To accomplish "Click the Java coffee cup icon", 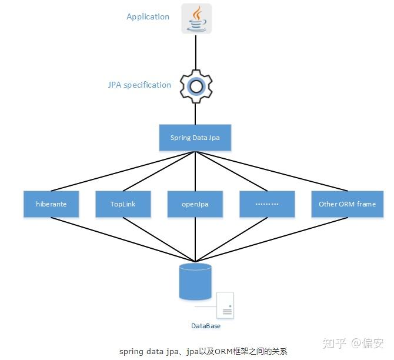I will pos(195,18).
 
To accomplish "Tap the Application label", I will pos(148,16).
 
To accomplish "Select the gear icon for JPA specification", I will pos(195,86).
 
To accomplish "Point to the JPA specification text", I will pos(139,85).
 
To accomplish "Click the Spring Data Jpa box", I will pos(195,138).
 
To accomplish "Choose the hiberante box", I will pos(51,204).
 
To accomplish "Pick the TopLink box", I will pos(123,204).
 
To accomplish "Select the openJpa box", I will pos(195,204).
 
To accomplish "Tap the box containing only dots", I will pos(266,204).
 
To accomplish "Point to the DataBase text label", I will pos(205,325).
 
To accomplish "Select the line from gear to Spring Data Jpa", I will pos(195,113).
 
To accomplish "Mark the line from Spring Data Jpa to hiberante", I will pos(123,171).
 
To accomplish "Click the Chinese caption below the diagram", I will pos(203,351).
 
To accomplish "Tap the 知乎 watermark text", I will pos(335,343).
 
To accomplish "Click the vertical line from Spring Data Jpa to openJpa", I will pos(195,171).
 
